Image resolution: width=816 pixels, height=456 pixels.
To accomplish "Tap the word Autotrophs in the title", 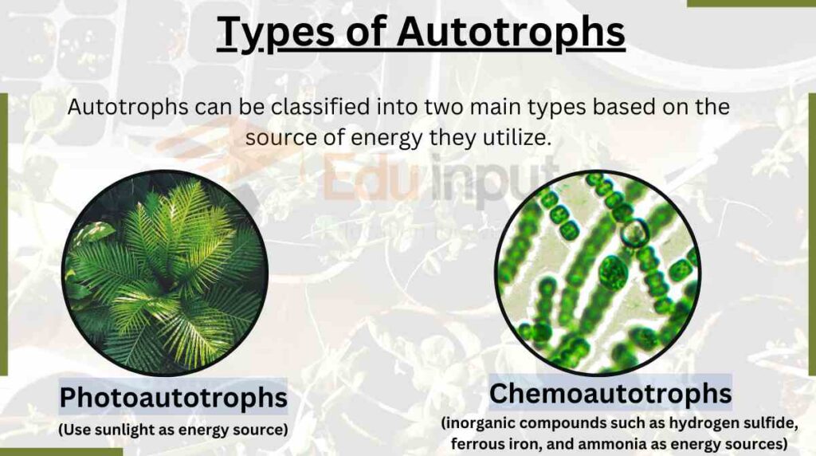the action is click(x=511, y=31).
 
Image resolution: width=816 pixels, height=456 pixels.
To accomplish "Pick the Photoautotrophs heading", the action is click(x=173, y=397).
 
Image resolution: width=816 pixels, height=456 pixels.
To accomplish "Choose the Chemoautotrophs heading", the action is click(x=610, y=393).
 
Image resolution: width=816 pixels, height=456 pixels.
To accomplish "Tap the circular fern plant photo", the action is click(x=165, y=273).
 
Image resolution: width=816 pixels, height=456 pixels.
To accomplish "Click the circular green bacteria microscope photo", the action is click(x=598, y=273).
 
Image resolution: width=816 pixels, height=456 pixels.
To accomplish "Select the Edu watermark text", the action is click(x=372, y=179).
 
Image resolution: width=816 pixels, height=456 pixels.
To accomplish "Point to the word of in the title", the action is click(x=365, y=31).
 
